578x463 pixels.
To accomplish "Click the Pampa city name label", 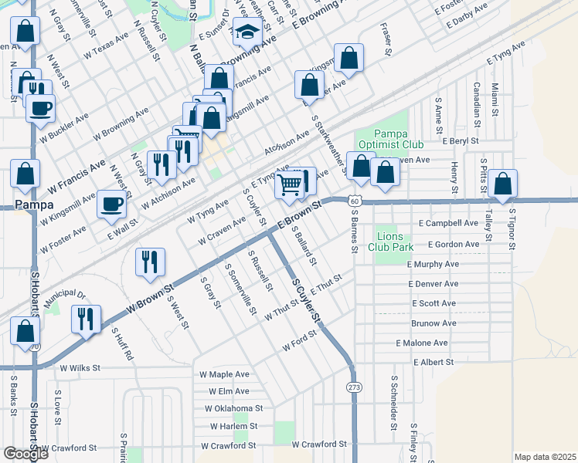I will pyautogui.click(x=34, y=205).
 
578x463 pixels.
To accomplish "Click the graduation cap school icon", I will pyautogui.click(x=247, y=33).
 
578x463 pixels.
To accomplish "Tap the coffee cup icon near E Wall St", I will pyautogui.click(x=112, y=204).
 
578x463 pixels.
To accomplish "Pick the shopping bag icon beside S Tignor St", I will pyautogui.click(x=502, y=184).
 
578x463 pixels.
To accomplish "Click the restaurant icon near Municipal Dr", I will pyautogui.click(x=86, y=317).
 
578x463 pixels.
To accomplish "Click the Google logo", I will pyautogui.click(x=25, y=454).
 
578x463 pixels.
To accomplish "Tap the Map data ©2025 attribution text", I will pyautogui.click(x=545, y=457).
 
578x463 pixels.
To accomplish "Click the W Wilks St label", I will pyautogui.click(x=80, y=369).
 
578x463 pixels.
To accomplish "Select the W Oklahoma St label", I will pyautogui.click(x=234, y=408).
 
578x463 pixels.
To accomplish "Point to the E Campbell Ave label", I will pyautogui.click(x=448, y=223).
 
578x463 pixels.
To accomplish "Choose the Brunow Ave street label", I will pyautogui.click(x=433, y=323).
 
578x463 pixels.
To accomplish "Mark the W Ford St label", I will pyautogui.click(x=300, y=342).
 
